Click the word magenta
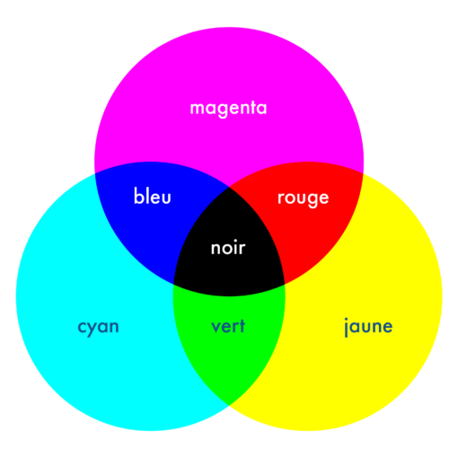pyautogui.click(x=228, y=109)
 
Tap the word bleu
pyautogui.click(x=153, y=196)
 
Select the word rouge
pyautogui.click(x=304, y=198)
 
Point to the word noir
pyautogui.click(x=228, y=248)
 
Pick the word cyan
pyautogui.click(x=98, y=327)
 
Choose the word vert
pyautogui.click(x=228, y=326)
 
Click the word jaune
pyautogui.click(x=368, y=327)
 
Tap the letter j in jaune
pyautogui.click(x=346, y=327)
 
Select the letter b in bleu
pyautogui.click(x=139, y=196)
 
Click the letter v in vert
pyautogui.click(x=216, y=327)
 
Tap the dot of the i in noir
pyautogui.click(x=233, y=241)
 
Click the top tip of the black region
pyautogui.click(x=229, y=187)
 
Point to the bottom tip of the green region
pyautogui.click(x=229, y=405)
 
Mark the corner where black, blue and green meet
pyautogui.click(x=174, y=284)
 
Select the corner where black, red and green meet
pyautogui.click(x=285, y=284)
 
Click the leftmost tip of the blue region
pyautogui.click(x=95, y=173)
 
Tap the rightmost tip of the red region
pyautogui.click(x=363, y=173)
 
